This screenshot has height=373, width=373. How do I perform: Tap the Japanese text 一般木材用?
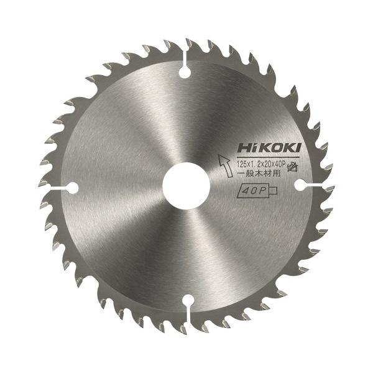pyautogui.click(x=260, y=175)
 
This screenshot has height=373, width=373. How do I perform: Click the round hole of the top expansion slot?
pyautogui.click(x=184, y=73)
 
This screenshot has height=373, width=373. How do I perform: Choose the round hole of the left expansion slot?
pyautogui.click(x=71, y=187)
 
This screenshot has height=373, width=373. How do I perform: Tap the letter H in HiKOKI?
pyautogui.click(x=241, y=149)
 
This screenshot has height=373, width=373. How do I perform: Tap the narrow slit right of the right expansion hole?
pyautogui.click(x=318, y=185)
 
